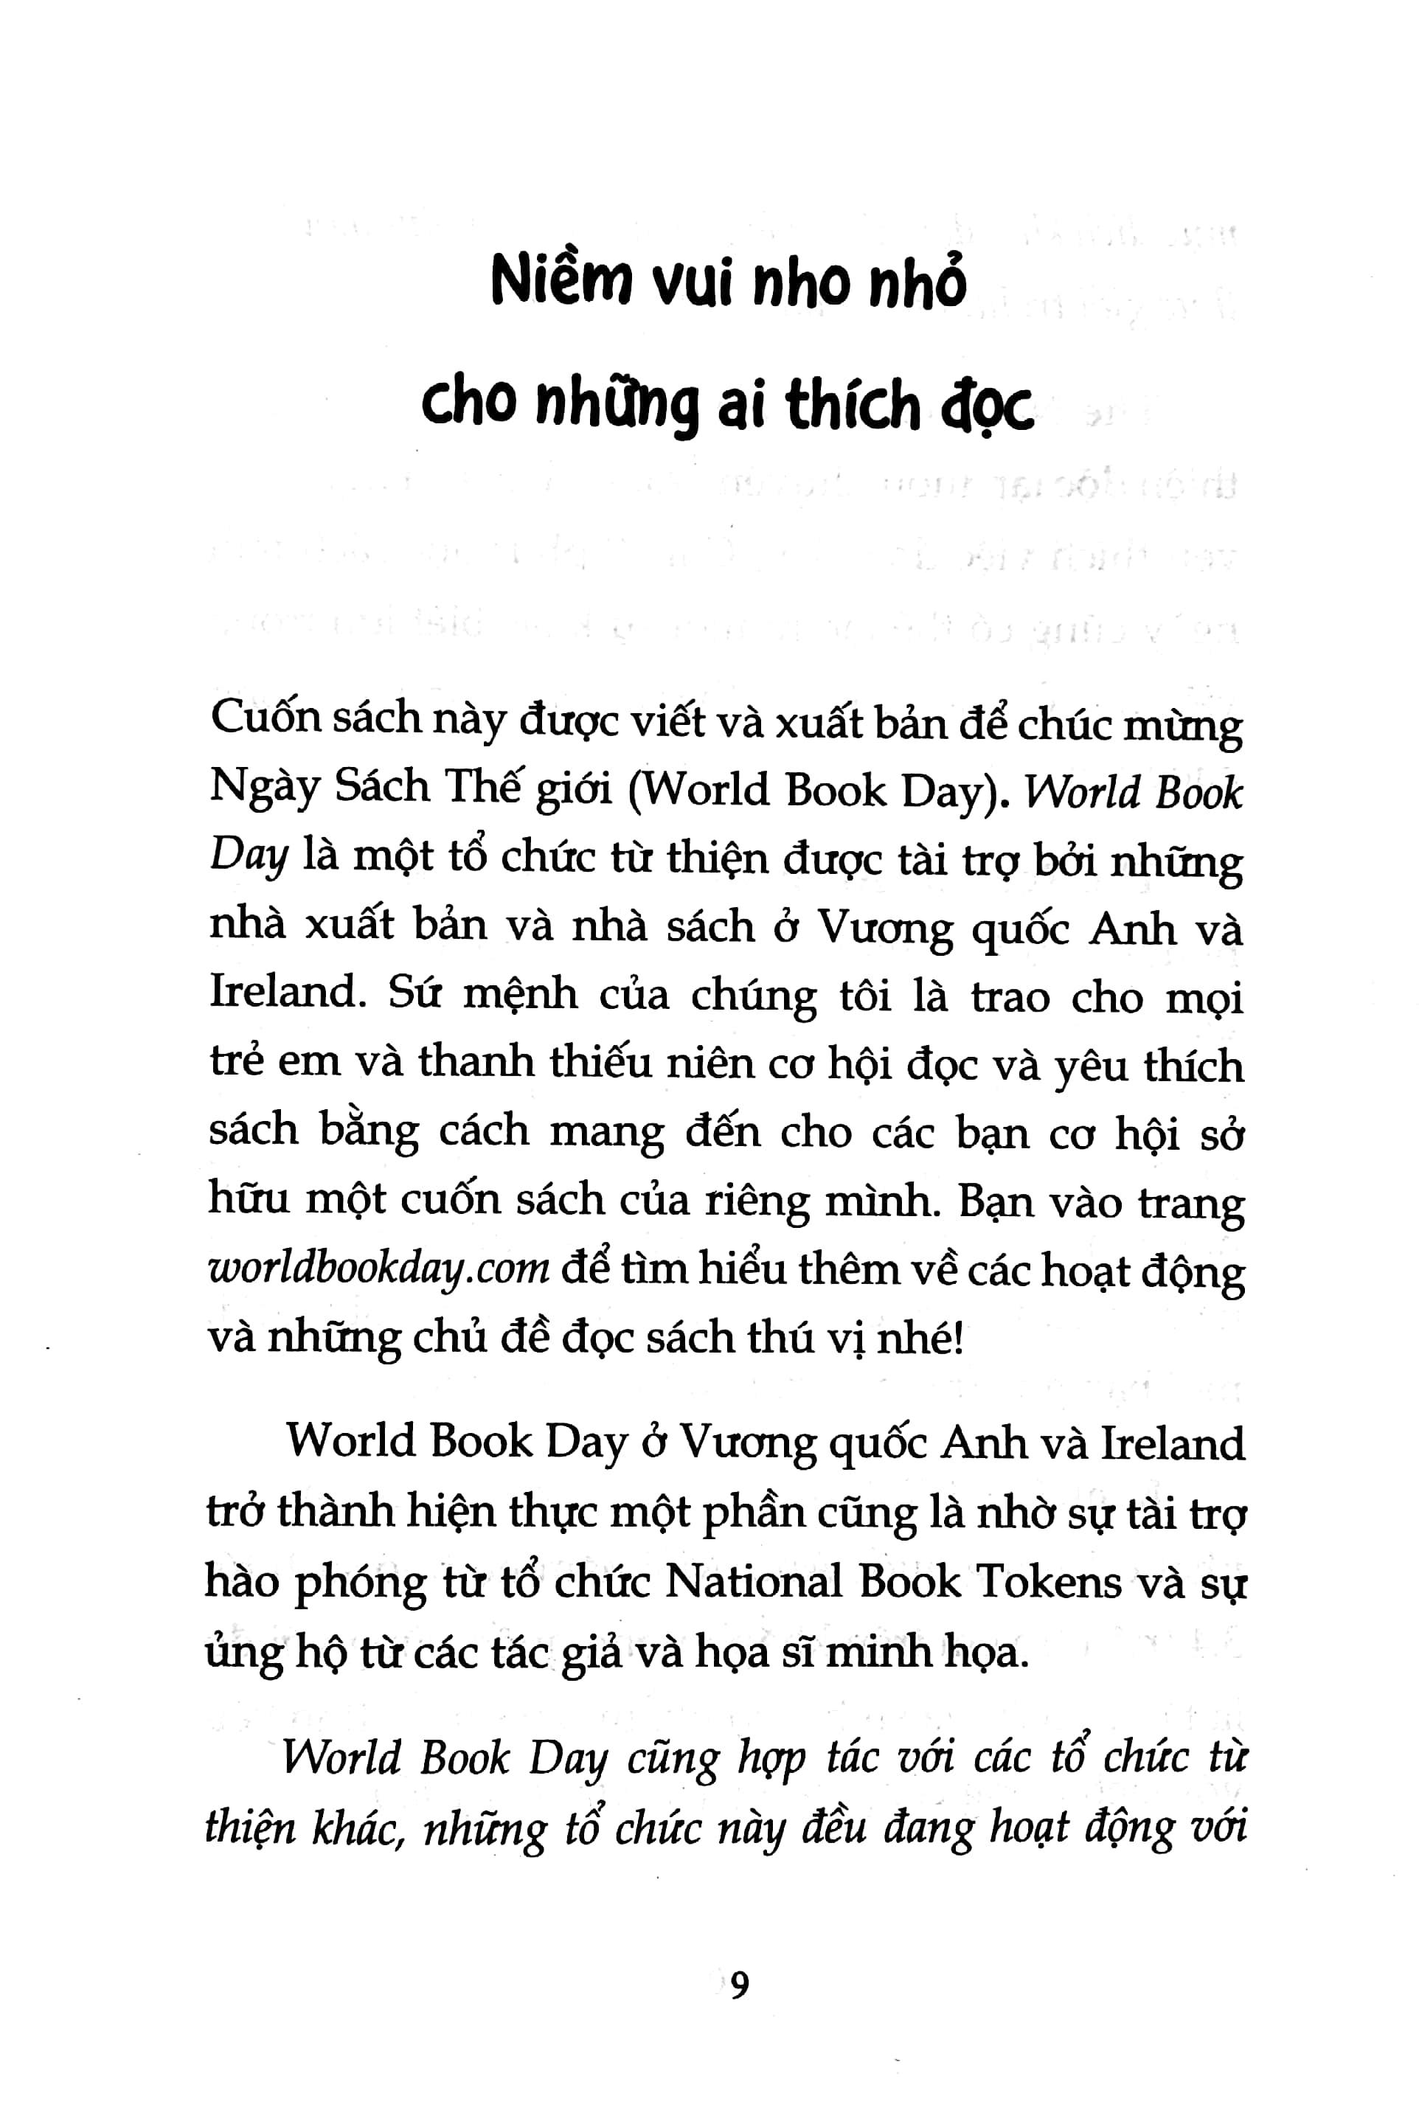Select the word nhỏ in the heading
917,282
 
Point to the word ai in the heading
745,407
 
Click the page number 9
739,1985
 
